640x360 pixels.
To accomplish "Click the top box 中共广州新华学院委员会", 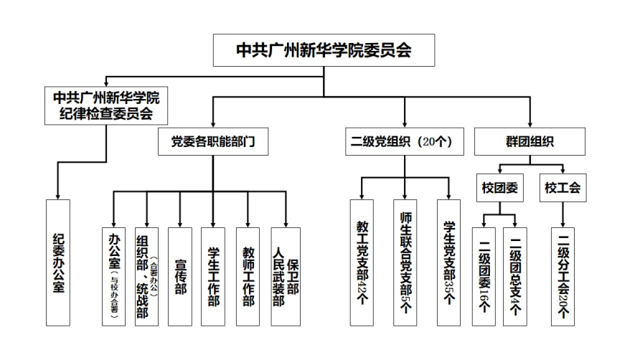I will click(324, 50).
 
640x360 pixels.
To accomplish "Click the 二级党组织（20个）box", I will click(404, 142).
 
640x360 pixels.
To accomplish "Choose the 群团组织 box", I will click(530, 142).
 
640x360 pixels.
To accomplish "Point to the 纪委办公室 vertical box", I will click(58, 263).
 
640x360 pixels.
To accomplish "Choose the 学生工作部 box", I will click(213, 276).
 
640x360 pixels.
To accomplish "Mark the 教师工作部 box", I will click(248, 276).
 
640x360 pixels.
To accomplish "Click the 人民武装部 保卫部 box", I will click(285, 276).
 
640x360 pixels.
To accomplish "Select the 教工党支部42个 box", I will click(362, 263).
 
